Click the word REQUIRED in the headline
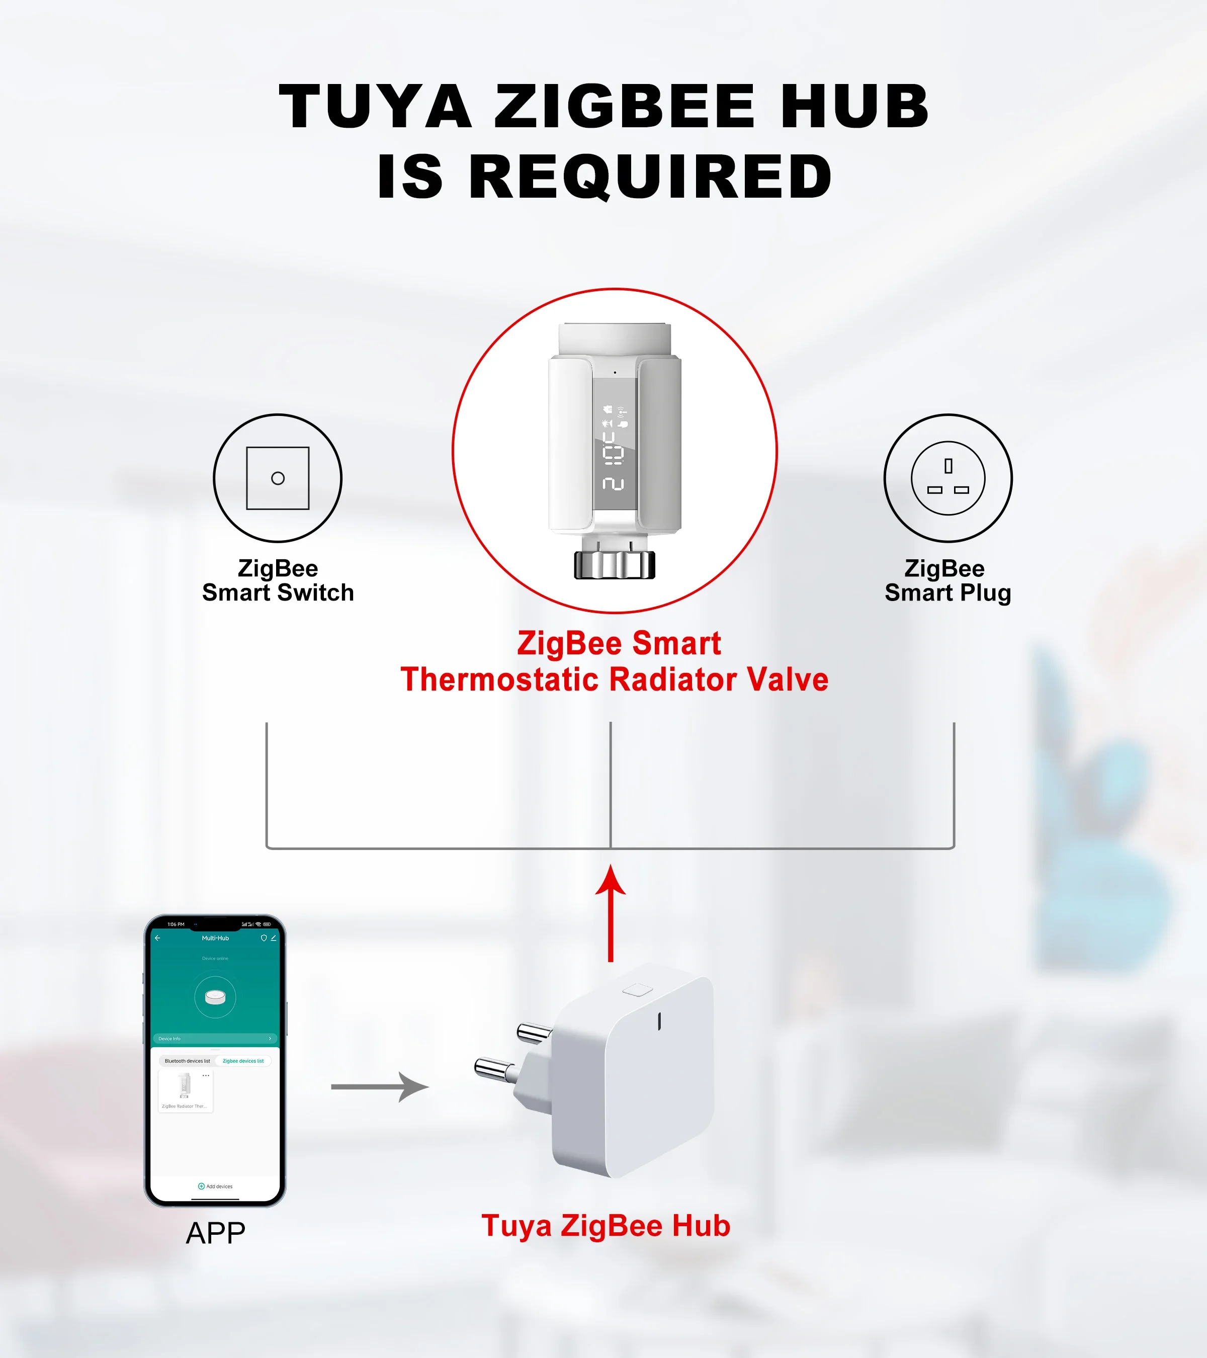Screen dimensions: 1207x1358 coord(651,177)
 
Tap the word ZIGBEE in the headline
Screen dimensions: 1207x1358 coord(625,106)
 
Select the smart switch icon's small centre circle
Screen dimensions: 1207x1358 coord(278,478)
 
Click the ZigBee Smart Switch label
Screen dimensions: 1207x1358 coord(278,581)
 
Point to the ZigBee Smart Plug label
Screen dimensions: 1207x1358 coord(948,581)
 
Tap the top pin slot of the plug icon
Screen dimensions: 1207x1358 coord(949,466)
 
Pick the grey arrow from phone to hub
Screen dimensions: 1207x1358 coord(380,1087)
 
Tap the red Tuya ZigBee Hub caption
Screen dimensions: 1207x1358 coord(606,1226)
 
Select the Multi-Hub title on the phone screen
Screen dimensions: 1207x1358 coord(215,938)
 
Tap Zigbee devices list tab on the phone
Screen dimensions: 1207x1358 coord(243,1061)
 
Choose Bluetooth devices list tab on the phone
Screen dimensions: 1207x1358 coord(187,1061)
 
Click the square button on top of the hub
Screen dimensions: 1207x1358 coord(638,990)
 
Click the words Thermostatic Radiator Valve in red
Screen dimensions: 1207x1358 coord(615,680)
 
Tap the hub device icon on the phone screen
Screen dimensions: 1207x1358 coord(215,996)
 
